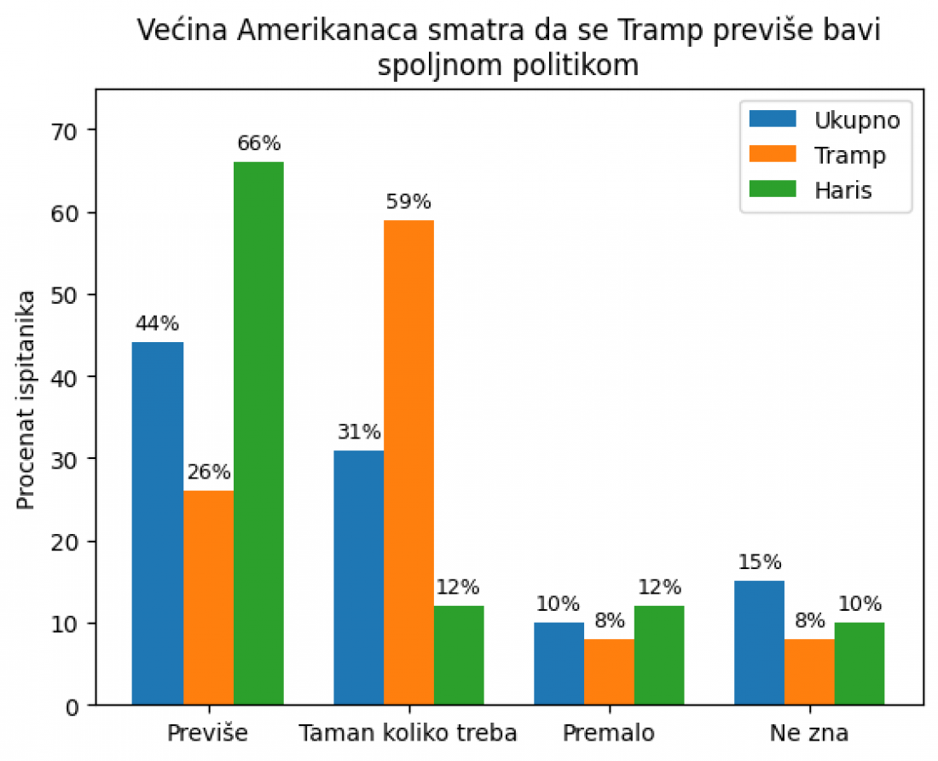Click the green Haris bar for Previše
pyautogui.click(x=258, y=433)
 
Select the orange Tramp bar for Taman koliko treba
pyautogui.click(x=408, y=462)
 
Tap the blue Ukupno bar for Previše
pyautogui.click(x=158, y=524)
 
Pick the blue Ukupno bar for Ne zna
pyautogui.click(x=760, y=643)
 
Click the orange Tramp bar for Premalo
pyautogui.click(x=609, y=672)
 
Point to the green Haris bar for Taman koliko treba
pyautogui.click(x=459, y=656)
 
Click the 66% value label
pyautogui.click(x=259, y=143)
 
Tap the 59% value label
pyautogui.click(x=409, y=202)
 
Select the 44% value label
pyautogui.click(x=158, y=323)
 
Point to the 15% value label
pyautogui.click(x=760, y=562)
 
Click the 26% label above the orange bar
pyautogui.click(x=209, y=472)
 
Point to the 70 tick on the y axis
pyautogui.click(x=66, y=131)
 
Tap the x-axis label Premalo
pyautogui.click(x=609, y=733)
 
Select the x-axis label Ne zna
pyautogui.click(x=810, y=733)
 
